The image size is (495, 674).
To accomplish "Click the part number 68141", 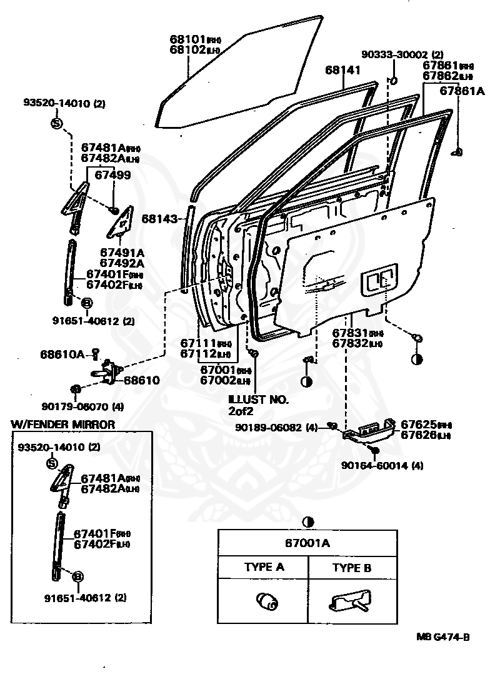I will pyautogui.click(x=342, y=70).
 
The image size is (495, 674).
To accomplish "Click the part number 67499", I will pyautogui.click(x=112, y=175).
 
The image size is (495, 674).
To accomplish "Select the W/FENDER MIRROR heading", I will pyautogui.click(x=63, y=425).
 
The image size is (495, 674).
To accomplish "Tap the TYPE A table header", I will pyautogui.click(x=263, y=568).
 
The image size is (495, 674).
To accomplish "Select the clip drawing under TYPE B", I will pyautogui.click(x=349, y=603).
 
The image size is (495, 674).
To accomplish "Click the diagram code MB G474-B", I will pyautogui.click(x=442, y=637).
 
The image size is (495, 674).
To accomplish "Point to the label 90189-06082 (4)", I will pyautogui.click(x=277, y=428).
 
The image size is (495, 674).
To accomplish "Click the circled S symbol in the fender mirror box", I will pyautogui.click(x=52, y=463).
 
